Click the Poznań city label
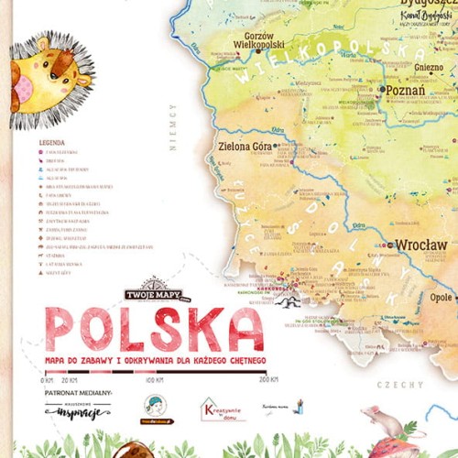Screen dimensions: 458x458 tap(405, 91)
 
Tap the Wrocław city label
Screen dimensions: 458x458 tap(421, 245)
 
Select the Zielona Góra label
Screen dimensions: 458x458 tap(245, 146)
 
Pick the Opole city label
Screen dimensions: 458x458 tap(442, 298)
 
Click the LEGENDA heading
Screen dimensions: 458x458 tap(51, 143)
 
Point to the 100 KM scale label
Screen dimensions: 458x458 tap(154, 379)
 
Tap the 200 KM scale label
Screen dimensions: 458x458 tap(267, 379)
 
